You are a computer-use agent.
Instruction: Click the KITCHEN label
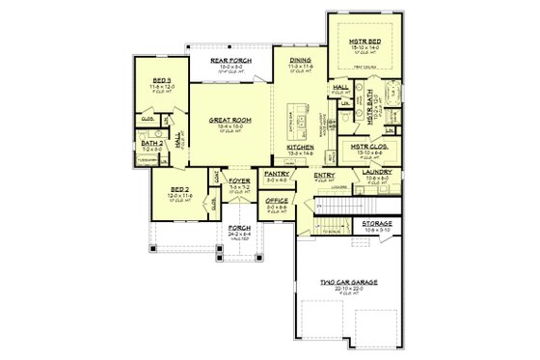coord(300,148)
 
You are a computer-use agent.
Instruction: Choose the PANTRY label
coord(277,175)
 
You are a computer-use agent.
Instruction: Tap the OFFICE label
coord(277,201)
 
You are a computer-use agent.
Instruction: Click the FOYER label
coord(239,180)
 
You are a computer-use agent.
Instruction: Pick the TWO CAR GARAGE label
coord(349,282)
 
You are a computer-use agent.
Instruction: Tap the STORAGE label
coord(376,223)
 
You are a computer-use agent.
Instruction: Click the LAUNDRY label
coord(376,172)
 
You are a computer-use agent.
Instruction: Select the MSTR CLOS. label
coord(366,147)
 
